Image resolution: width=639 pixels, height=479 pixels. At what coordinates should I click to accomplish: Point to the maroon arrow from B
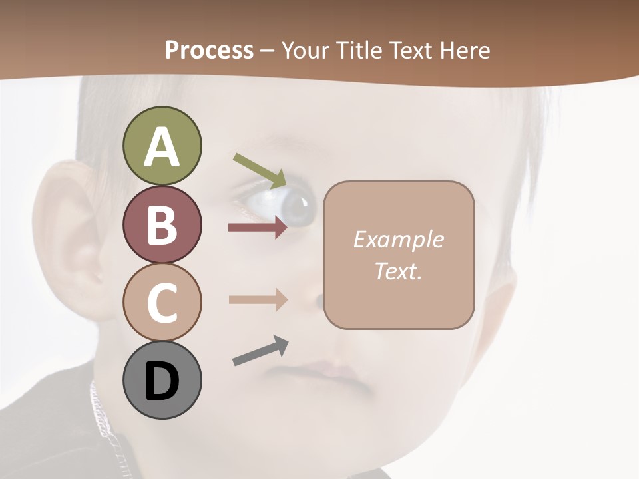coord(258,228)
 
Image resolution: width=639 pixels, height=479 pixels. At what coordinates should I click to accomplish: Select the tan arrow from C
coord(258,299)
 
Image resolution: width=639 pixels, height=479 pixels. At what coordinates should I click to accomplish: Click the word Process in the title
coord(209,50)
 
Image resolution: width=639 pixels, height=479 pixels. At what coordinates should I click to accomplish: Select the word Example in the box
coord(398,239)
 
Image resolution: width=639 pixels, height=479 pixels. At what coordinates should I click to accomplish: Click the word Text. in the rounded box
coord(398,271)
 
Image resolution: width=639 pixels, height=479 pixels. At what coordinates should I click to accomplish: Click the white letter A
coord(162,146)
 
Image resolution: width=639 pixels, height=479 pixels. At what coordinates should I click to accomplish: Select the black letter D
coord(162,381)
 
